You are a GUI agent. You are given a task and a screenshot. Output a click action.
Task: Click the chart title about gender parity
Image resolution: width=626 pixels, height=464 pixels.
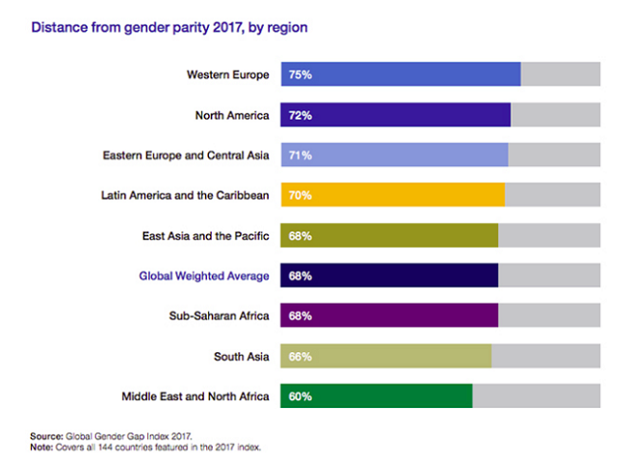(170, 28)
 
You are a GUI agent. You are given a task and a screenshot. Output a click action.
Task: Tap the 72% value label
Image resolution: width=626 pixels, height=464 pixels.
(300, 115)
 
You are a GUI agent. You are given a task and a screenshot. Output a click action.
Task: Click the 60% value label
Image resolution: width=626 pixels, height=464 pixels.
(300, 396)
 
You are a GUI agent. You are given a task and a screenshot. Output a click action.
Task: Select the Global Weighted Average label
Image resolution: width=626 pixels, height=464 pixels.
(204, 276)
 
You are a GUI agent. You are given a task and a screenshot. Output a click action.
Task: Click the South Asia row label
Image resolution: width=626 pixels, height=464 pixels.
(242, 357)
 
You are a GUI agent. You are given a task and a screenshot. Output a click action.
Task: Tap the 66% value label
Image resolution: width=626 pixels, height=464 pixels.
(300, 357)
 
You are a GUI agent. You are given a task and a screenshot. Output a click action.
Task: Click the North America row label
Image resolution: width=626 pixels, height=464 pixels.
(232, 115)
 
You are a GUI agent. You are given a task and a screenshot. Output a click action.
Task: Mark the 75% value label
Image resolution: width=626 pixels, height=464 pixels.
(300, 74)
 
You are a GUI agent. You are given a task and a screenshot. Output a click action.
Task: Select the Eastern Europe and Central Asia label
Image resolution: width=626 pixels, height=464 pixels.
(186, 154)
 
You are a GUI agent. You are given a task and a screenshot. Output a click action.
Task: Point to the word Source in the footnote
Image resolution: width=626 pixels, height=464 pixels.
(48, 437)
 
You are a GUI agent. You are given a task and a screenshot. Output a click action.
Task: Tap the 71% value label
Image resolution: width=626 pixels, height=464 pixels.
(300, 154)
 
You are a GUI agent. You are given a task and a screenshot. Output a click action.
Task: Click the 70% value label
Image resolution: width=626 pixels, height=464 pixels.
(300, 195)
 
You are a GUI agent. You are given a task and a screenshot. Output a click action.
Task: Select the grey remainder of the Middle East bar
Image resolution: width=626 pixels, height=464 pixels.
(536, 396)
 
